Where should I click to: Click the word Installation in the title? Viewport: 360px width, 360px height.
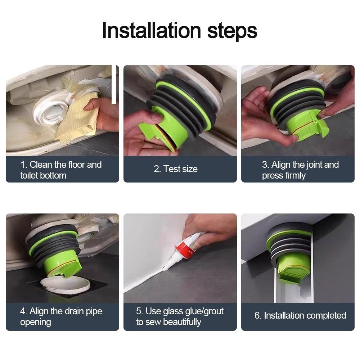[152, 30]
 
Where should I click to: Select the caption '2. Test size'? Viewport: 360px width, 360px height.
[176, 169]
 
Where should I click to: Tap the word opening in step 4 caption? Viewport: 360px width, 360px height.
[36, 322]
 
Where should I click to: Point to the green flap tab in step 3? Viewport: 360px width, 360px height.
[321, 125]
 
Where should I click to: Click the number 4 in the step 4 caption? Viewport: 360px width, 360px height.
[23, 311]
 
